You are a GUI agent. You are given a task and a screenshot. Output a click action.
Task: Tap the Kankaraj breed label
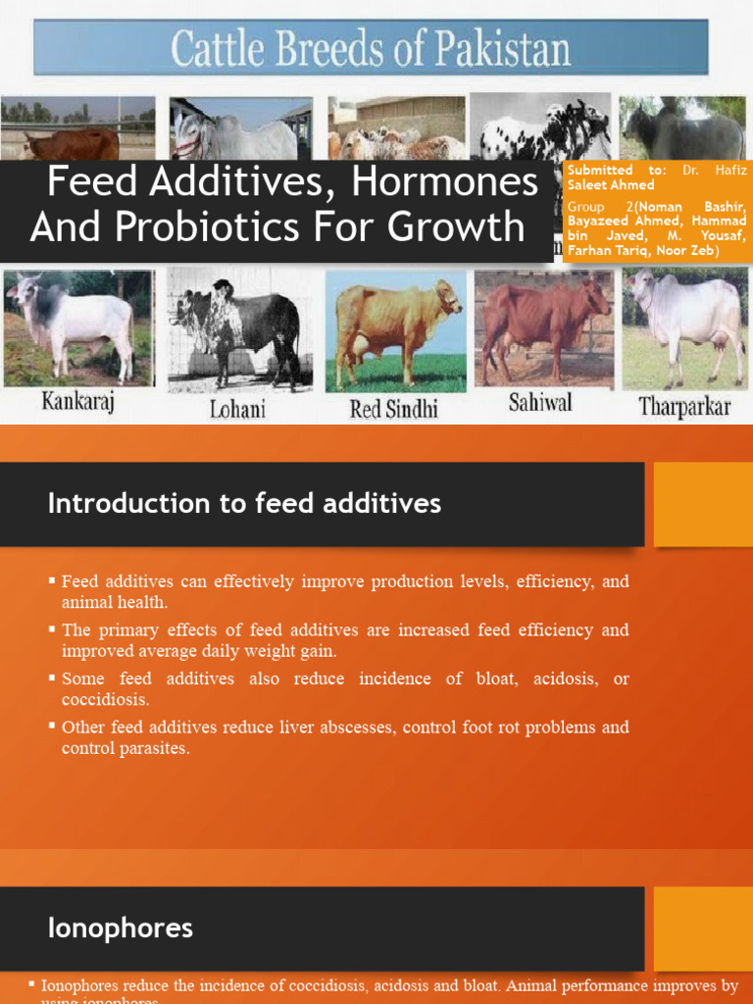(78, 403)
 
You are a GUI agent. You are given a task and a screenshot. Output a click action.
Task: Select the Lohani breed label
(237, 408)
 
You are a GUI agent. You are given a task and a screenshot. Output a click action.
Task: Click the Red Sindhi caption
(394, 408)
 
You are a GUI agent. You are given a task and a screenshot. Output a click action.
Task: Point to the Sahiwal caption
(539, 403)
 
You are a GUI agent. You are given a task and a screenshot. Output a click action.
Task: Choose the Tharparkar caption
(684, 406)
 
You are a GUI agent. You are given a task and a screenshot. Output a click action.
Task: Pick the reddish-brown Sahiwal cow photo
(542, 327)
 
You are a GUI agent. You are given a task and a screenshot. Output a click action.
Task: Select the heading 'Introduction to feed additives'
(244, 504)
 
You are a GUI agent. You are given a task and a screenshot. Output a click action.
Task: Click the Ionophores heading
(121, 928)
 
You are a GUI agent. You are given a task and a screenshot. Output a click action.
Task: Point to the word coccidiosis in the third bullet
(106, 700)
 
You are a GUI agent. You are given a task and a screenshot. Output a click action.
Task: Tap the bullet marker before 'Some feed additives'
(52, 678)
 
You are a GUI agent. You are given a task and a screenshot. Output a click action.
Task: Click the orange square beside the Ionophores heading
(702, 929)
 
